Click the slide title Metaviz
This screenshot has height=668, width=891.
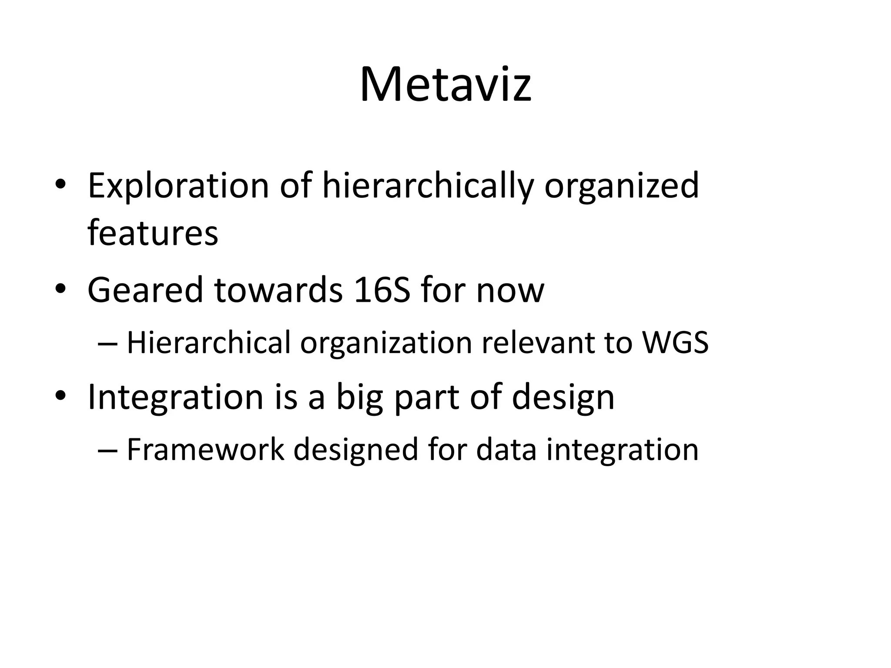(x=445, y=84)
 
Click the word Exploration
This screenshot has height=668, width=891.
(x=178, y=186)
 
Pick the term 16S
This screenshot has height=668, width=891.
(x=382, y=290)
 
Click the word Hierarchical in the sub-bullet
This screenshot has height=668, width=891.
(x=208, y=343)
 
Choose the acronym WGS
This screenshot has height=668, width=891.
(x=676, y=343)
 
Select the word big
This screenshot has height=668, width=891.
(x=359, y=398)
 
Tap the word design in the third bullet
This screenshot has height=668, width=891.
(x=563, y=398)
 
